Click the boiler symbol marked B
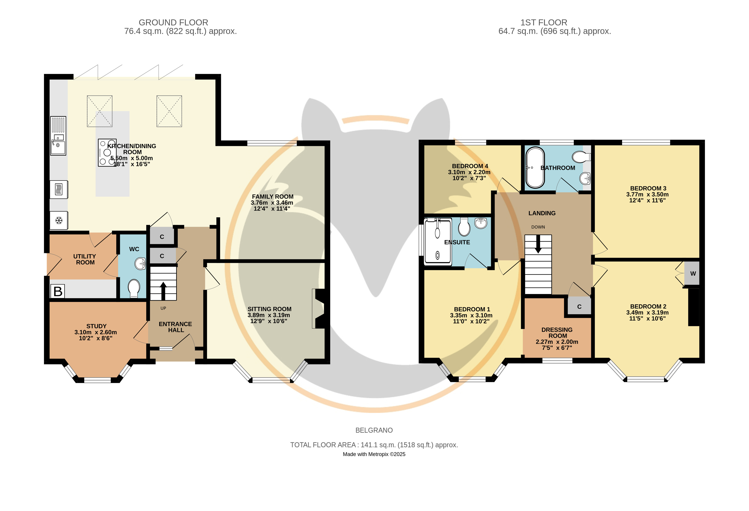(58, 291)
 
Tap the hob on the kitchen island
(107, 153)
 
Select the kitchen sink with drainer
(58, 136)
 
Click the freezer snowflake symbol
(59, 220)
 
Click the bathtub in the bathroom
(535, 168)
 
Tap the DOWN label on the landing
(538, 227)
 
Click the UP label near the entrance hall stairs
(163, 308)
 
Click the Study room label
(96, 326)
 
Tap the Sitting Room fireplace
(318, 309)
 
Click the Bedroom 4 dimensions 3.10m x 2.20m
(469, 172)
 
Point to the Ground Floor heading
(173, 23)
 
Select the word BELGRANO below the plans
(374, 430)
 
